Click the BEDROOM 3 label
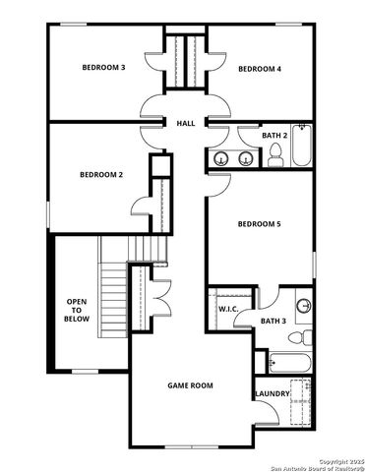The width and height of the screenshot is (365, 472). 103,68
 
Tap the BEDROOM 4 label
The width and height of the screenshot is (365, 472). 260,69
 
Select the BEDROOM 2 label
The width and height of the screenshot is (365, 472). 101,175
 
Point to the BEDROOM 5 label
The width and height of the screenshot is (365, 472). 259,224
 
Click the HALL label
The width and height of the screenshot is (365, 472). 185,124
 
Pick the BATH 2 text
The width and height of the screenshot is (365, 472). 274,135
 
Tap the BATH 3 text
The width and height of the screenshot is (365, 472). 274,321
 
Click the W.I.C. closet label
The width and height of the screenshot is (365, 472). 229,310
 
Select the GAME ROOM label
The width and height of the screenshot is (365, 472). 189,385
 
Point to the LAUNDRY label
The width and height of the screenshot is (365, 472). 272,393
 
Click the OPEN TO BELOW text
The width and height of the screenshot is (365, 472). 77,310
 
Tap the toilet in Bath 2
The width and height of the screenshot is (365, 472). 276,154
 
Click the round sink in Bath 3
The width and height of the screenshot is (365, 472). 303,305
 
